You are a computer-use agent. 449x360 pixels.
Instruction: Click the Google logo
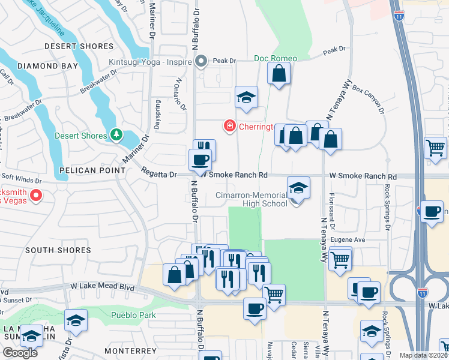20,353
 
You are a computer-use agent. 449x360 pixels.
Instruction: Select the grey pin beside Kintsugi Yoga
201,61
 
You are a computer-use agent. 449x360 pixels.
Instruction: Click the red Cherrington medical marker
229,125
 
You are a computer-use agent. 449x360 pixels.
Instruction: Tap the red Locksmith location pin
35,195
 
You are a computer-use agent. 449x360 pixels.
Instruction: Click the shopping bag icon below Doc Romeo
279,74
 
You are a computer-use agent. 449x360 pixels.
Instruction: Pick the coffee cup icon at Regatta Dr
200,160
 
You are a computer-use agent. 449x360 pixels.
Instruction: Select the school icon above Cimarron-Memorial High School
298,187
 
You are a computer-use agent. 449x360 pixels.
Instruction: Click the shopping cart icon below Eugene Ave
340,260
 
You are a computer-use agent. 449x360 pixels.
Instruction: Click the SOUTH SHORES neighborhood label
59,250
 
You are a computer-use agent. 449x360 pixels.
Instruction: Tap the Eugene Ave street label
349,239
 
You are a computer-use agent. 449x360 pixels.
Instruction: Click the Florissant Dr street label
331,213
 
